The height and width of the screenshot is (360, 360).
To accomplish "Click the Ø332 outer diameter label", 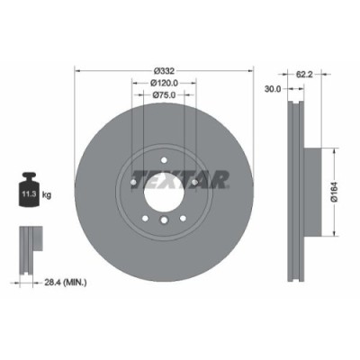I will pos(164,70).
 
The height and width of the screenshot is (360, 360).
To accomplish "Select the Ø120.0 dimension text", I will pos(163,83).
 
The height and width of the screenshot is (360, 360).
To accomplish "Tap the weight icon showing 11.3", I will pos(29,190).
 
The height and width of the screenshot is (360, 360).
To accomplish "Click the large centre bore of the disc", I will pos(163,192).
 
